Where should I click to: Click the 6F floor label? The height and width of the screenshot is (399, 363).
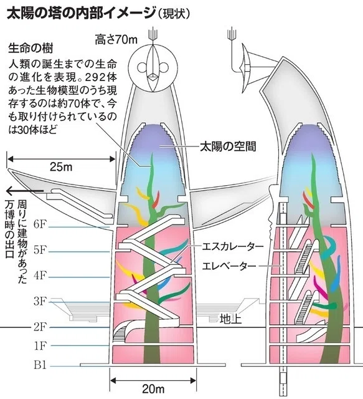click(40, 224)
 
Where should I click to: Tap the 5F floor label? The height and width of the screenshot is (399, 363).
click(40, 250)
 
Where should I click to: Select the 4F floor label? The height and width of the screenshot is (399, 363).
click(40, 276)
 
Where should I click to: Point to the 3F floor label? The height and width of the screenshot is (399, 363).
click(40, 301)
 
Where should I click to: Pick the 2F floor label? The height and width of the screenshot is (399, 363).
click(40, 327)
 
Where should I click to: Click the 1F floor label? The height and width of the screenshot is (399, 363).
click(40, 346)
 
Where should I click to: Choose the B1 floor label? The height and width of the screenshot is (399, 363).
click(40, 365)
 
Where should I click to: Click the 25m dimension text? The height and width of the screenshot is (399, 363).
click(61, 167)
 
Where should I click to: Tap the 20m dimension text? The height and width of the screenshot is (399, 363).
click(153, 389)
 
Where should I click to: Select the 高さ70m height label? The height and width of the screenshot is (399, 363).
click(116, 40)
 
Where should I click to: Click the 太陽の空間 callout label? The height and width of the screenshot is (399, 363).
click(228, 147)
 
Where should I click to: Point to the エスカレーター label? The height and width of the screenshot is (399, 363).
click(233, 247)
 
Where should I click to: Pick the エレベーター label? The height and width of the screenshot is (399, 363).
click(229, 266)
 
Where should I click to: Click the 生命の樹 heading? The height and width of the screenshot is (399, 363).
click(31, 49)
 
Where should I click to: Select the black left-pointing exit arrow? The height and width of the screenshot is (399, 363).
click(25, 191)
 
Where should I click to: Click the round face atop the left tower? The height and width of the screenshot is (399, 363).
click(153, 68)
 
